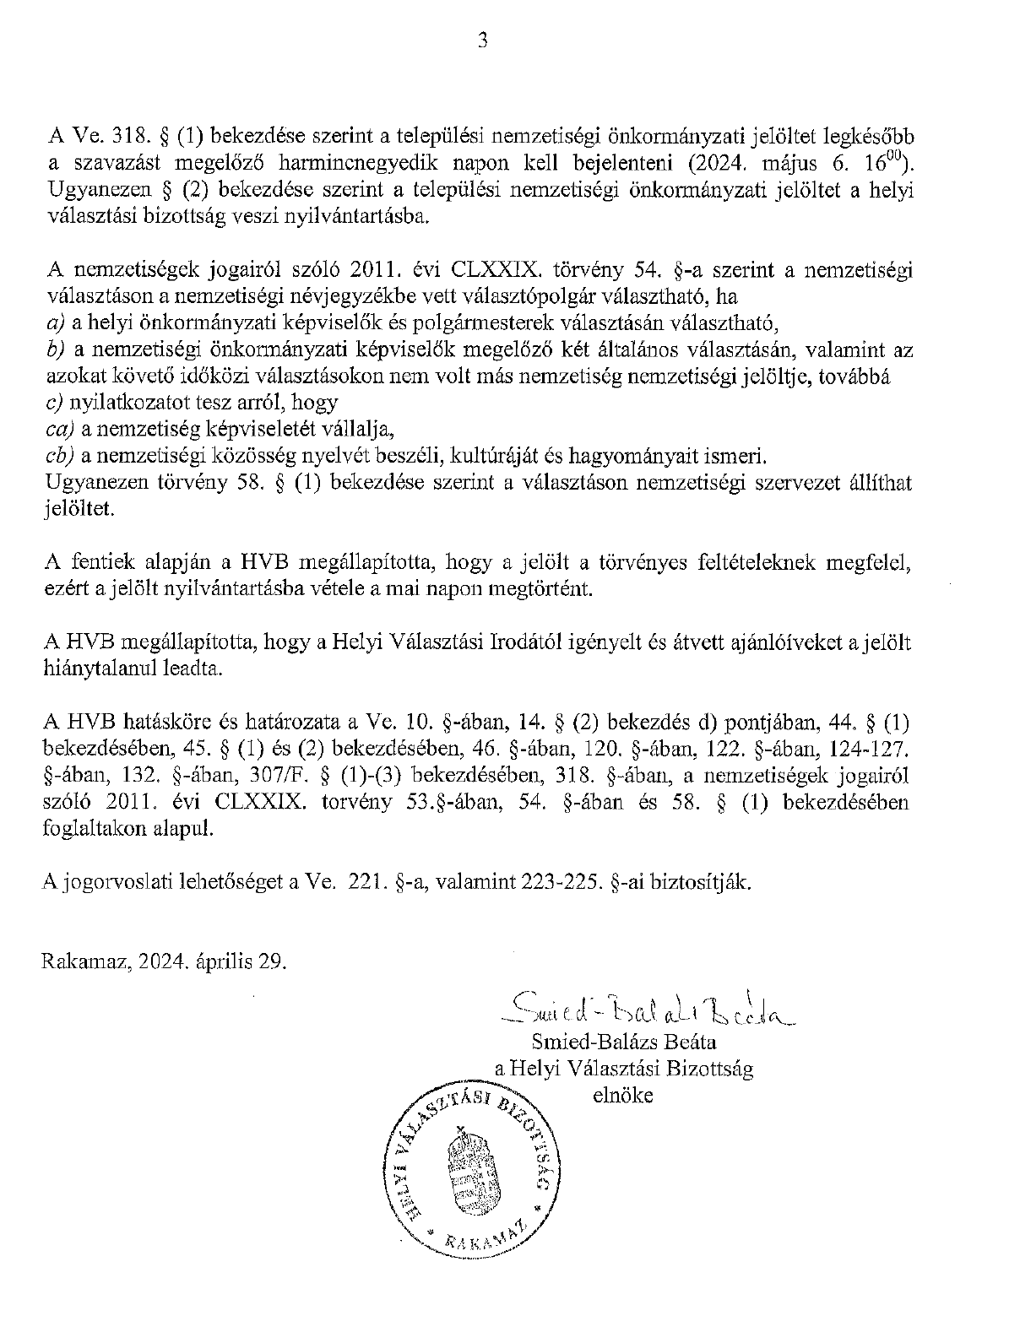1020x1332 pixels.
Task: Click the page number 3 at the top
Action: click(483, 40)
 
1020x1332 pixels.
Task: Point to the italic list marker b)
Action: click(54, 349)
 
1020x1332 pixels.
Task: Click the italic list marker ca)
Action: click(58, 430)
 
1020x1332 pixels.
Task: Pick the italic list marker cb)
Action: click(59, 457)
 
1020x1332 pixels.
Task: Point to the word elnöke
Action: click(623, 1096)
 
